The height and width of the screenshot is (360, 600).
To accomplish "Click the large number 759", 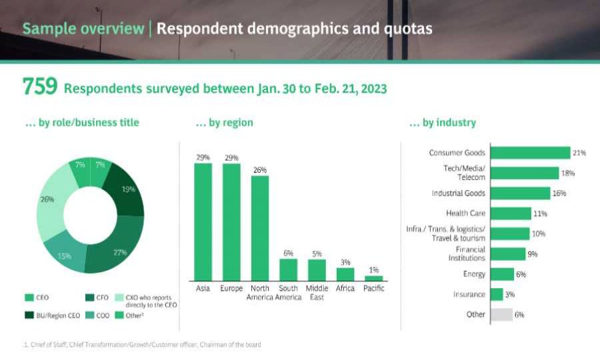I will (x=40, y=87).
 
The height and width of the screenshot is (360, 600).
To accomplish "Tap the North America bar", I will (x=259, y=227).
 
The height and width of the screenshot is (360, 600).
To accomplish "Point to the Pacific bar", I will (x=374, y=278).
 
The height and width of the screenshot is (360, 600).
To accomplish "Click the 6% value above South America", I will (x=288, y=253).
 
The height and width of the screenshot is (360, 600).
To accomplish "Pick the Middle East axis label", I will (x=317, y=293).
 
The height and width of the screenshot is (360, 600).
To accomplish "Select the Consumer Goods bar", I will (x=530, y=153).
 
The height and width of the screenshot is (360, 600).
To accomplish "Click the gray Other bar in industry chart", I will (x=501, y=315).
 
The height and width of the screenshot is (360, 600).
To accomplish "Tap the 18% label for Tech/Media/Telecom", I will (x=568, y=173).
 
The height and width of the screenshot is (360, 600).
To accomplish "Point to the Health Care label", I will (x=465, y=213).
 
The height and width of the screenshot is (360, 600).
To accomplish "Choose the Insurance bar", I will (x=496, y=294).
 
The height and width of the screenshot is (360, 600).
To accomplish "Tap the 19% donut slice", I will (x=127, y=190).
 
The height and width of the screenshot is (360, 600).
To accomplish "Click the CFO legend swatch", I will (x=89, y=297).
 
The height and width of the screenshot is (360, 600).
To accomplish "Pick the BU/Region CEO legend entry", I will (x=54, y=315).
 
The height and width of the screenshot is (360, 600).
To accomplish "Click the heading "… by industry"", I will (x=442, y=123).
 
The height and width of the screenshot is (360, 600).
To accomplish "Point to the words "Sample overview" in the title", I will (x=83, y=29).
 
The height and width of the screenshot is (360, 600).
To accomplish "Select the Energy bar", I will (x=502, y=274).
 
